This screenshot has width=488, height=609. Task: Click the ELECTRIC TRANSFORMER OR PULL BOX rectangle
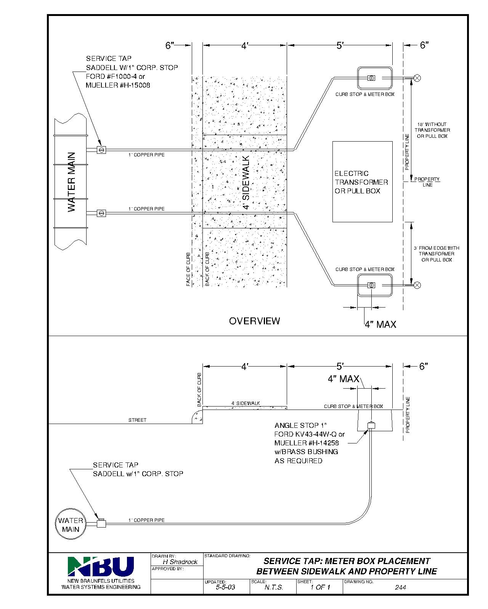point(362,182)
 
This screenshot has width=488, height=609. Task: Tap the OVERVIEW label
point(254,321)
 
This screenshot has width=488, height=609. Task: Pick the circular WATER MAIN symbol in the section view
point(71,525)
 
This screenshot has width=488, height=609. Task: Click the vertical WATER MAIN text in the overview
point(72,182)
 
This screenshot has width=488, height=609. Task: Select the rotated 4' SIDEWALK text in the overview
point(246,182)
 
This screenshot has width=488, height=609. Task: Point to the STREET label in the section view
point(137,420)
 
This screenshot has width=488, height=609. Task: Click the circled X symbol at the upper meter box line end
point(417,78)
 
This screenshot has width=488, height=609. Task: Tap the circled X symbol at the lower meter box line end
point(417,285)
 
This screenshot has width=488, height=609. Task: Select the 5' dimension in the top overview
point(340,46)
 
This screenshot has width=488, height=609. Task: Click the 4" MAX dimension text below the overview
point(380,325)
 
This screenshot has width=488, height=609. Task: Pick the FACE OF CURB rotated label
point(188,269)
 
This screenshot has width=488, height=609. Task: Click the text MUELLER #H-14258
point(307,443)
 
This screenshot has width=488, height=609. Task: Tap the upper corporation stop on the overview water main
point(101,150)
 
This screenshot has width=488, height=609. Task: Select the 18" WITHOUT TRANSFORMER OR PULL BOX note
point(432,130)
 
